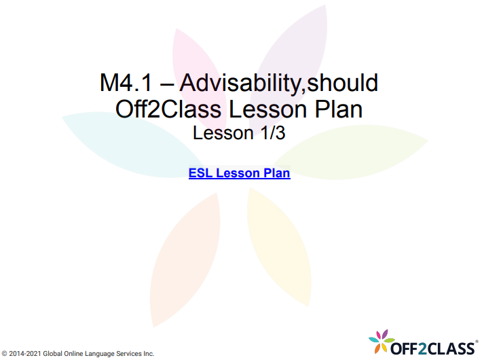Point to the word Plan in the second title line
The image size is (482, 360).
click(339, 109)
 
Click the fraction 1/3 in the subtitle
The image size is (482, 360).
click(269, 133)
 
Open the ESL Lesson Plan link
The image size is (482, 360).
click(239, 173)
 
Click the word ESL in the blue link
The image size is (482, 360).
click(200, 173)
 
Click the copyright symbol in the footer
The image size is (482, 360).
click(5, 354)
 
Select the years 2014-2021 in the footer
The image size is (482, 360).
click(26, 354)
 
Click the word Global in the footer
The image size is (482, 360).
click(53, 354)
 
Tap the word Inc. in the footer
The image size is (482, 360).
click(148, 354)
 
